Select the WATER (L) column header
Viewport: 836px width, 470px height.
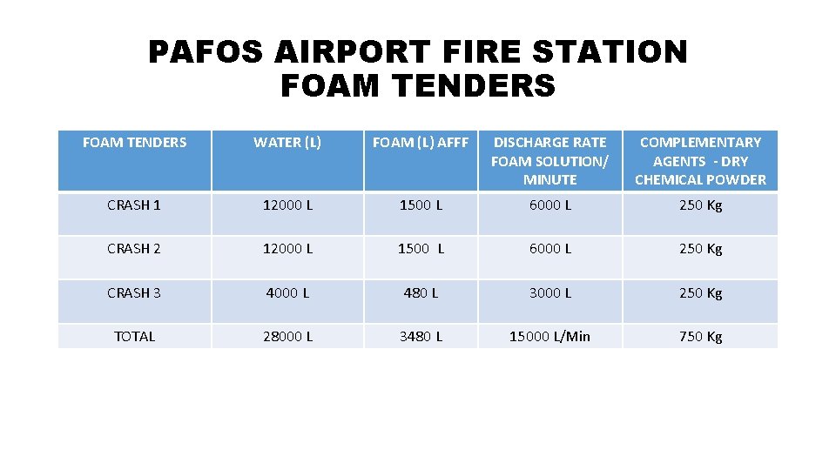click(x=287, y=142)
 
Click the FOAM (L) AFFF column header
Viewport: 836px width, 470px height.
click(x=421, y=142)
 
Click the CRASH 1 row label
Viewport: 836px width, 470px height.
click(x=134, y=205)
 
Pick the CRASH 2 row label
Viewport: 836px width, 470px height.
click(x=134, y=248)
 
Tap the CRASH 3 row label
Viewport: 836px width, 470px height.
click(x=134, y=292)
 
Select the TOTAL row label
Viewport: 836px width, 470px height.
click(x=134, y=336)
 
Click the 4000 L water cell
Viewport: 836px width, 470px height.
click(x=287, y=292)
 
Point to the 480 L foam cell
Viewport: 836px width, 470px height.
click(x=421, y=292)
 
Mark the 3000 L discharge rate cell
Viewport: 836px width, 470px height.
click(x=550, y=292)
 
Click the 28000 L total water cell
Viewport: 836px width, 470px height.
click(x=287, y=336)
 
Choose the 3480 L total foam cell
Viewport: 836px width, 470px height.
click(x=421, y=336)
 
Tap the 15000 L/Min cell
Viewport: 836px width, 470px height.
click(x=550, y=336)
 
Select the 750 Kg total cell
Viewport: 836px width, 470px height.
click(x=700, y=336)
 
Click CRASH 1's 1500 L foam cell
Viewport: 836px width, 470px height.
click(x=421, y=205)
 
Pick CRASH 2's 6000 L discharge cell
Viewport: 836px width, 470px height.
click(x=550, y=248)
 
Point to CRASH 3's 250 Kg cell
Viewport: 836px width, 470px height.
click(x=700, y=292)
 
